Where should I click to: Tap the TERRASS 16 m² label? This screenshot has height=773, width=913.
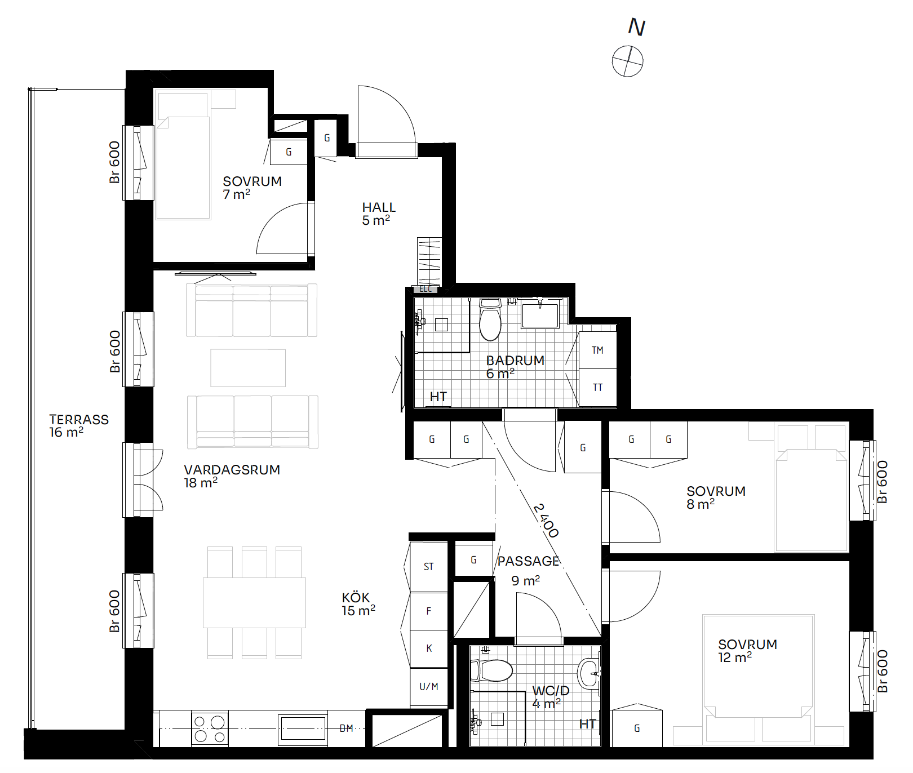coord(79,426)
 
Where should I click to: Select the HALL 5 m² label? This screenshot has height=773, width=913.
coord(379,214)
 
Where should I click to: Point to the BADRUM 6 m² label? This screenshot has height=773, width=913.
coord(515,367)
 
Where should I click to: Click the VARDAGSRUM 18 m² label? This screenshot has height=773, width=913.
coord(232,476)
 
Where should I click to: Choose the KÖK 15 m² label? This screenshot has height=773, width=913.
coord(358,604)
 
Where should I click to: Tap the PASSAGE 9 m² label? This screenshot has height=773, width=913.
coord(528,570)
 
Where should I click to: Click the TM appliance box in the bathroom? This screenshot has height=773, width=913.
coord(597,350)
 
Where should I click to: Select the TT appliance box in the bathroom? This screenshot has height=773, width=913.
coord(597,388)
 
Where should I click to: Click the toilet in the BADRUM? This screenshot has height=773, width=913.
coord(490,319)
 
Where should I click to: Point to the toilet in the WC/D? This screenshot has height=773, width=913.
coord(491,670)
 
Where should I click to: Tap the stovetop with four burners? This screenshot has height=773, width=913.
coord(210,729)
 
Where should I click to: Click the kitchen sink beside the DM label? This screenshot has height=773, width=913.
coord(303,728)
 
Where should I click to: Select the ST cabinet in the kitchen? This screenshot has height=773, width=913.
coord(429,567)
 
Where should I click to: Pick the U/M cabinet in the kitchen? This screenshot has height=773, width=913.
coord(429,687)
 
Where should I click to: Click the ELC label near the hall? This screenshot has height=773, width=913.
coord(426,289)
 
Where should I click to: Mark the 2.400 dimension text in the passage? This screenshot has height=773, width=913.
coord(546,521)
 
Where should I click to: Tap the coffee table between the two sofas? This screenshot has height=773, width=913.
coord(248,368)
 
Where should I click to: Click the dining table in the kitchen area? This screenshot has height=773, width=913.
coord(254,603)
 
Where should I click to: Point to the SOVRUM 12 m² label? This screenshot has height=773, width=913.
coord(747,651)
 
